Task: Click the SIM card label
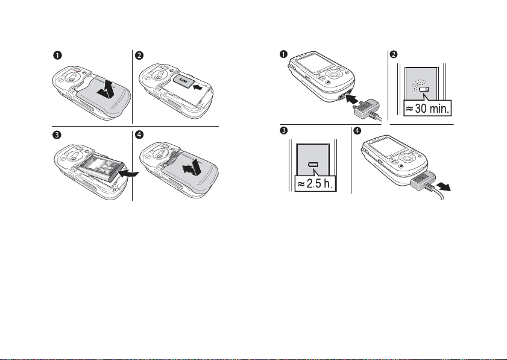[183, 80]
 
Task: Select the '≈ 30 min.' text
[427, 109]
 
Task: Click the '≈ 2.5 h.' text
[315, 184]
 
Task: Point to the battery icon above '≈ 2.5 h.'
[313, 165]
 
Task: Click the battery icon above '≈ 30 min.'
[424, 89]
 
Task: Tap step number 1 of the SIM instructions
[57, 55]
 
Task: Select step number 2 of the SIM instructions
[139, 55]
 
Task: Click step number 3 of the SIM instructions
[57, 134]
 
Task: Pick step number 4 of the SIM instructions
[139, 134]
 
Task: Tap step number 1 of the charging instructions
[283, 54]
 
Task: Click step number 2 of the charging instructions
[394, 54]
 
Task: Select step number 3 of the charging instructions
[283, 130]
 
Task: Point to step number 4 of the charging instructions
[357, 130]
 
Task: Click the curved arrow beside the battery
[128, 174]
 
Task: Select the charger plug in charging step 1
[367, 109]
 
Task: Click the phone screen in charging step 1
[314, 63]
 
